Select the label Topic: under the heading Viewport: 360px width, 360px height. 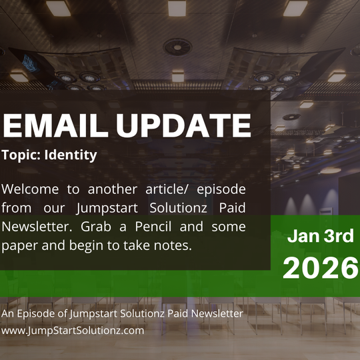click(24, 155)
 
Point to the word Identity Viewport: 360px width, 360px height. click(74, 155)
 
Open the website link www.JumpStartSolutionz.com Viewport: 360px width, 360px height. click(73, 330)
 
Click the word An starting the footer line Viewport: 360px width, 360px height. click(8, 313)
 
